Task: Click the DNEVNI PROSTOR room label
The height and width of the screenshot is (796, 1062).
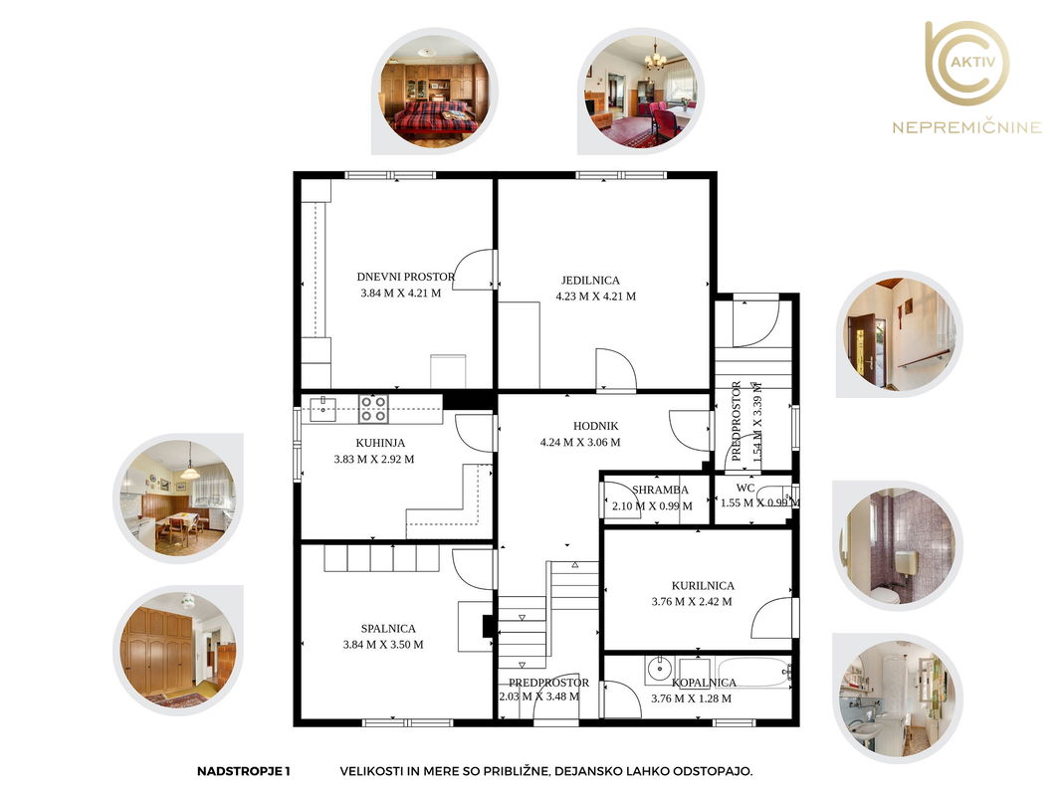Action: coord(406,277)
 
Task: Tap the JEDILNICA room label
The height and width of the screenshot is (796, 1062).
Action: coord(590,280)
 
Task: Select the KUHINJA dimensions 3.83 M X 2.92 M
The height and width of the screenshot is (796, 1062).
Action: coord(374,459)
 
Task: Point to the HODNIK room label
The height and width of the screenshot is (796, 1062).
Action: coord(596,426)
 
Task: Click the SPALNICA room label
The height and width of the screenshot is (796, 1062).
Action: coord(388,628)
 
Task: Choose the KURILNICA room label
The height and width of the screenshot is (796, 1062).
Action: coord(703,585)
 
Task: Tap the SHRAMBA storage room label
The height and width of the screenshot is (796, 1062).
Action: coord(660,490)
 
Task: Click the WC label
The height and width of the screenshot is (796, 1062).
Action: coord(745,488)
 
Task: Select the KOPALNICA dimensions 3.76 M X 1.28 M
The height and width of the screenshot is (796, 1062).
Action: coord(692,698)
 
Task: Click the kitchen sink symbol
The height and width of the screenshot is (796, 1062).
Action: coord(323,409)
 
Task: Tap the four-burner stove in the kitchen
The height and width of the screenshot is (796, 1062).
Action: coord(373,409)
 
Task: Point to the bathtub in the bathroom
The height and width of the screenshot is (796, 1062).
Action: coord(751,673)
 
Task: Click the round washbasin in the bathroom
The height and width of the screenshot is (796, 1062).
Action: coord(658,670)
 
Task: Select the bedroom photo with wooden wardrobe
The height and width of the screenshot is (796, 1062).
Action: coord(177,650)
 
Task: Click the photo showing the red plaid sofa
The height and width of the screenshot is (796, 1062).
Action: coord(434,92)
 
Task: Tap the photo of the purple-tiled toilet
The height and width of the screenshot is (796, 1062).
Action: coord(898,545)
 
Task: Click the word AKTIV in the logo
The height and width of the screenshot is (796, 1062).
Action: coord(972,62)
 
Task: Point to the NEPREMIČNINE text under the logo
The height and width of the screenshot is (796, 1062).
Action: coord(966,127)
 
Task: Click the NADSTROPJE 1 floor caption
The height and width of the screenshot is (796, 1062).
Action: coord(243,771)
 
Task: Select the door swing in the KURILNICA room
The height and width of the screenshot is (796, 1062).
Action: coord(771,617)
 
